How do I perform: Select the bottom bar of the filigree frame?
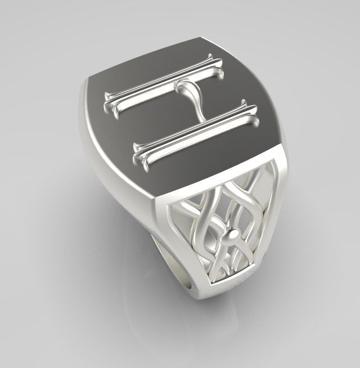click(x=225, y=281)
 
